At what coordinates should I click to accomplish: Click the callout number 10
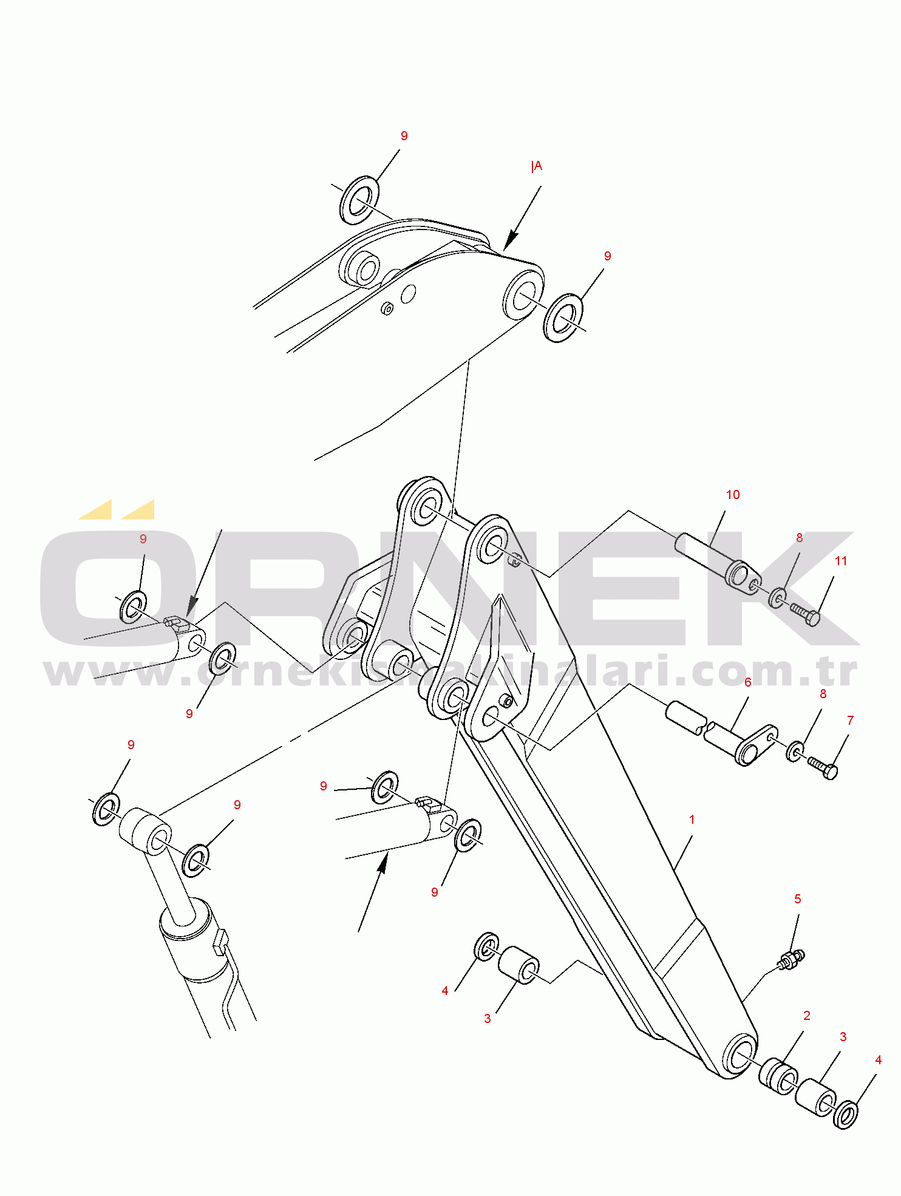click(733, 495)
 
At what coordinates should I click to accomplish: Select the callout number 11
click(840, 561)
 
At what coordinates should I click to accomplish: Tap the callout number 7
click(850, 721)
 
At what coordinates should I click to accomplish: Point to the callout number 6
click(748, 682)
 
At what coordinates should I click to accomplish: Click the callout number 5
click(798, 899)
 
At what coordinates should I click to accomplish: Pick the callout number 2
click(807, 1016)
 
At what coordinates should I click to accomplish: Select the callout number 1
click(692, 820)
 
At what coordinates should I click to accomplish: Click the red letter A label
click(537, 166)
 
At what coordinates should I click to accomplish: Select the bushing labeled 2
click(778, 1076)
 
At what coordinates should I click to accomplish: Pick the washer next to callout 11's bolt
click(778, 598)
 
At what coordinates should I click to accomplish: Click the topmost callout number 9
click(404, 136)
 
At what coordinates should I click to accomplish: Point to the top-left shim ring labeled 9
click(359, 200)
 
